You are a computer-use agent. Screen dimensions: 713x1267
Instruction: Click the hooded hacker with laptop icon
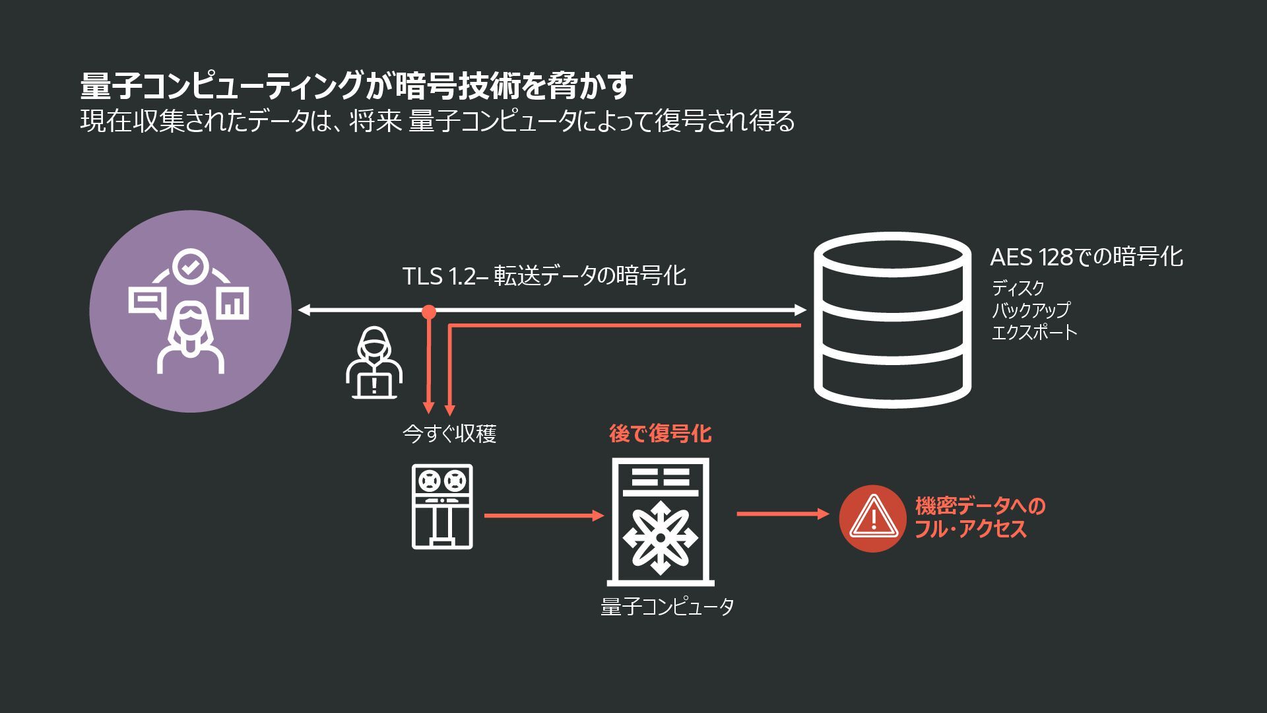pyautogui.click(x=374, y=364)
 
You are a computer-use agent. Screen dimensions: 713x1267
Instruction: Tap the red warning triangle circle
pyautogui.click(x=872, y=518)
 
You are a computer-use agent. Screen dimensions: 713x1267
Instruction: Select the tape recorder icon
pyautogui.click(x=442, y=506)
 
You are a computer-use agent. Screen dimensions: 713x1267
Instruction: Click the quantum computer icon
pyautogui.click(x=660, y=522)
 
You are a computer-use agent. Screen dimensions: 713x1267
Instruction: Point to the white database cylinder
pyautogui.click(x=892, y=320)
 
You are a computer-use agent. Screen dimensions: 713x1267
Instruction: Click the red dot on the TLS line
pyautogui.click(x=429, y=312)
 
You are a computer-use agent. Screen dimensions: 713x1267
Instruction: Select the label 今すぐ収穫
pyautogui.click(x=449, y=434)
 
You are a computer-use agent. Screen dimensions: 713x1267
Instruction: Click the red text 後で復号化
pyautogui.click(x=660, y=434)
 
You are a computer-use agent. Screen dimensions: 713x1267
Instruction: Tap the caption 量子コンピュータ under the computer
pyautogui.click(x=666, y=607)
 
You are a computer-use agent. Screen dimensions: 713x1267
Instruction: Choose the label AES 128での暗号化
pyautogui.click(x=1086, y=257)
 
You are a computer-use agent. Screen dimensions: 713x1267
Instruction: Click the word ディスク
pyautogui.click(x=1018, y=288)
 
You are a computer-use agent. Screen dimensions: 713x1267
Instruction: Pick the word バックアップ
pyautogui.click(x=1030, y=310)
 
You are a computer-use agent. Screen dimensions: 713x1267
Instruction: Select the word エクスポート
pyautogui.click(x=1034, y=332)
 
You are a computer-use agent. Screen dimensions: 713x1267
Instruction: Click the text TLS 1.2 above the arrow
pyautogui.click(x=439, y=276)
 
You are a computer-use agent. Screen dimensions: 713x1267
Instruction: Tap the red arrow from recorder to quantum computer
pyautogui.click(x=544, y=516)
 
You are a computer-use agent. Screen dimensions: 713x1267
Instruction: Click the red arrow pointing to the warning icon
pyautogui.click(x=783, y=514)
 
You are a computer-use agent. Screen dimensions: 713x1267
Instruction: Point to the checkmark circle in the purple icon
pyautogui.click(x=190, y=267)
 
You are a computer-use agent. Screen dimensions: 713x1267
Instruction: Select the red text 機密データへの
pyautogui.click(x=980, y=506)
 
